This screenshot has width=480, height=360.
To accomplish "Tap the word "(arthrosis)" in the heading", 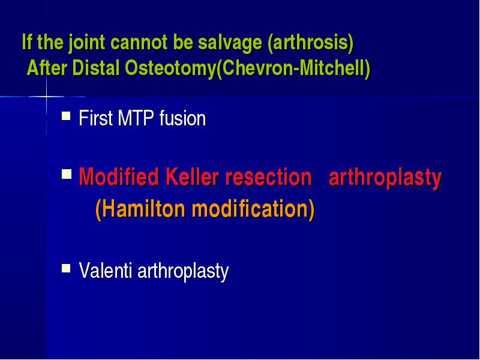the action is [x=310, y=42].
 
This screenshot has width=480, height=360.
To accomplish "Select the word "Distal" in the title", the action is [x=96, y=68].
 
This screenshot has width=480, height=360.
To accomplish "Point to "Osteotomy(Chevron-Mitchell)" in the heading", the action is [x=247, y=68].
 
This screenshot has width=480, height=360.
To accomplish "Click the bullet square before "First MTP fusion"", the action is [x=66, y=116].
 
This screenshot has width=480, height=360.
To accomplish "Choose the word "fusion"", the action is [x=182, y=118].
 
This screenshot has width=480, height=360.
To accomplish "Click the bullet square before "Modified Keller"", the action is [x=67, y=174].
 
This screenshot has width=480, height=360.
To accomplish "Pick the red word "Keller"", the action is [x=192, y=176].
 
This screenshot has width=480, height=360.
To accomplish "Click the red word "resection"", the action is [x=268, y=177].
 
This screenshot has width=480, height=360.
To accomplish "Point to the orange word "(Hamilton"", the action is [x=140, y=209].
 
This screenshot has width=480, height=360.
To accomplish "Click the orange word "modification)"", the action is [x=253, y=209].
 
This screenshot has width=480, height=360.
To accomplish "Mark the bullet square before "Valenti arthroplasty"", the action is [x=66, y=268].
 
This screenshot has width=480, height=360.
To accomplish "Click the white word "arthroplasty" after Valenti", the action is [x=183, y=272].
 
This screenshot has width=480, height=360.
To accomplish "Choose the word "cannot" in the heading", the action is [x=139, y=43].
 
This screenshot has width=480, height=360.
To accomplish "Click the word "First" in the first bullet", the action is [x=96, y=118].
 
